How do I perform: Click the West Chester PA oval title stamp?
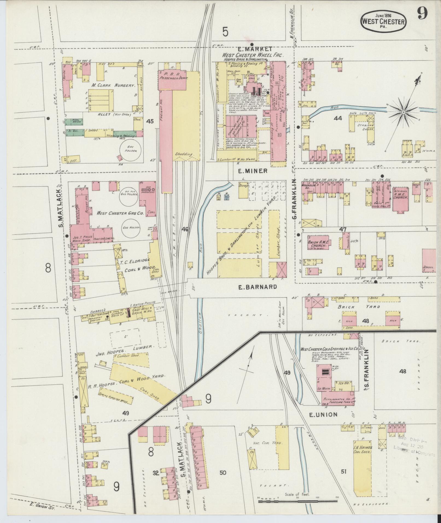click(384, 22)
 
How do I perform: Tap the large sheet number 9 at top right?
click(422, 13)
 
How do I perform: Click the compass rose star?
click(403, 112)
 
